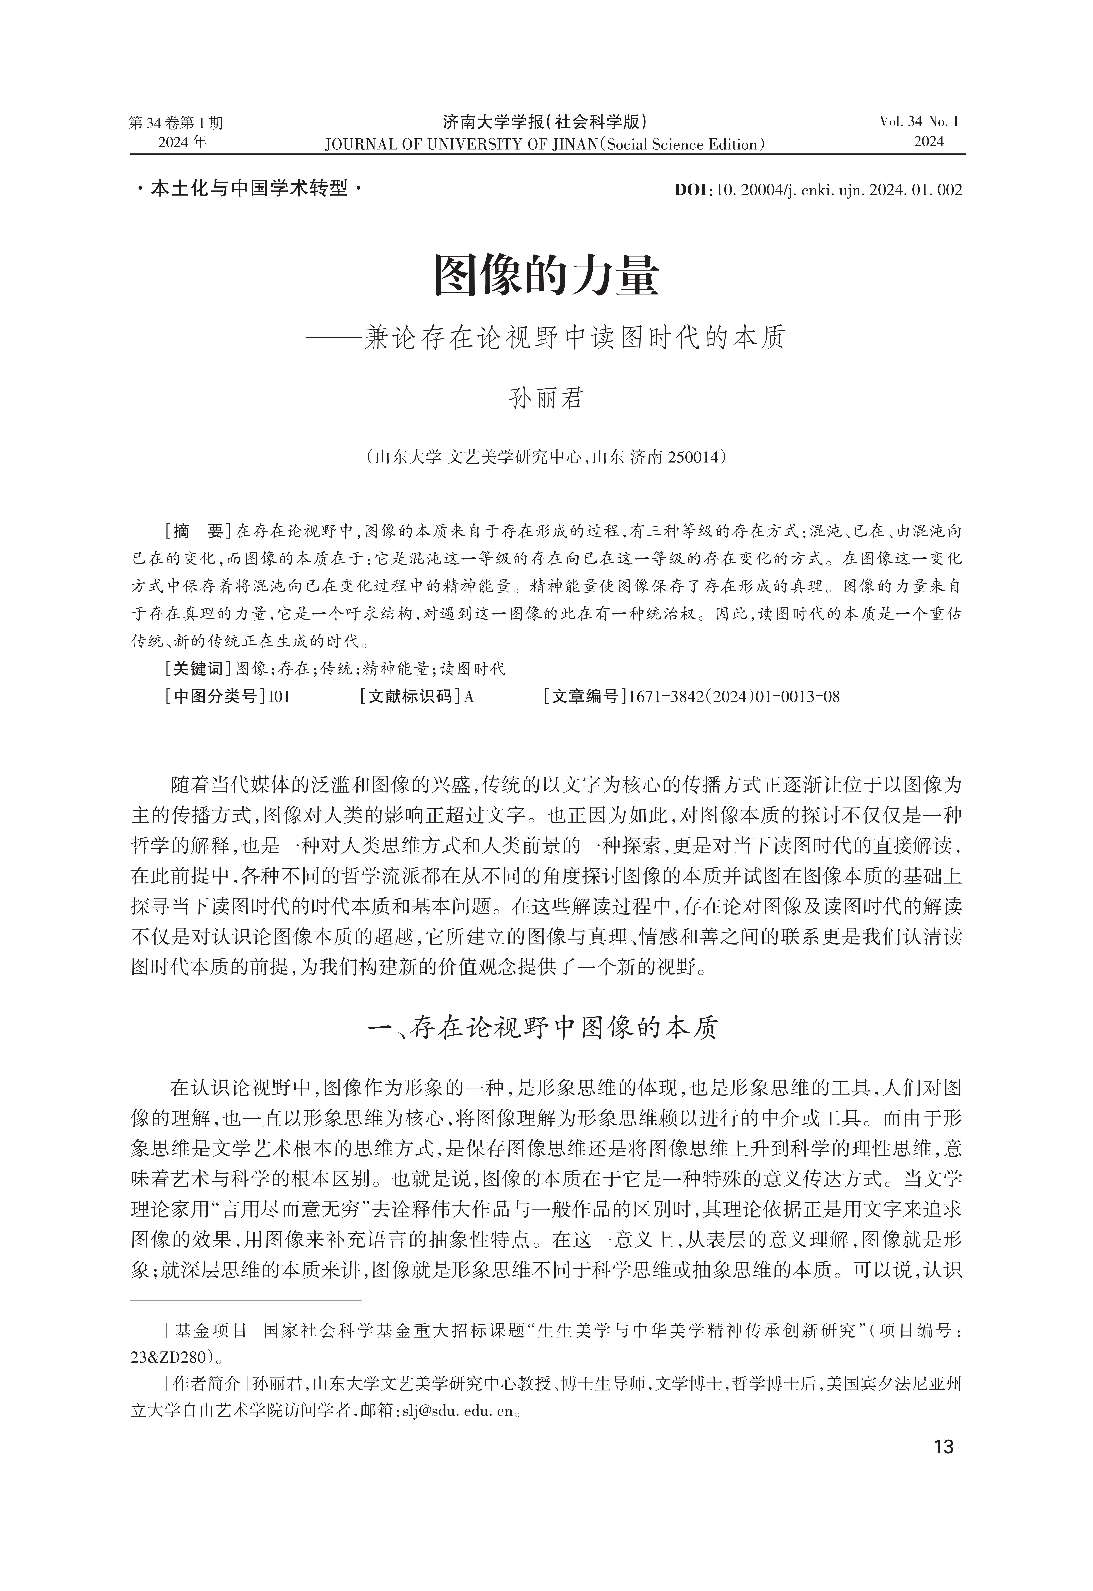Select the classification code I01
279,697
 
